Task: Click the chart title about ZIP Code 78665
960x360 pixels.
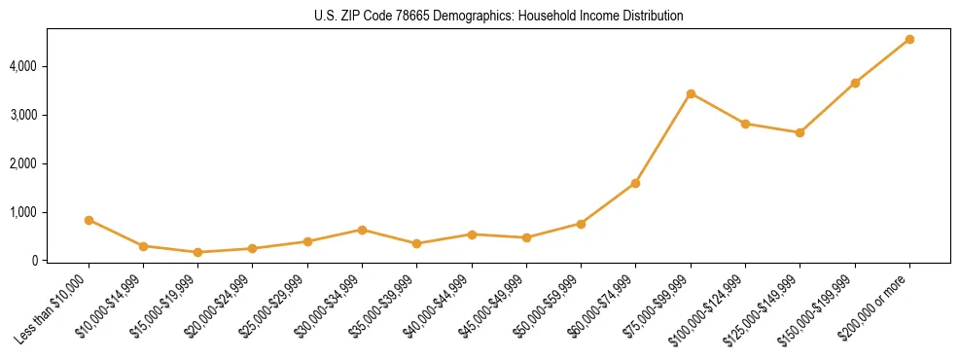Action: tap(498, 17)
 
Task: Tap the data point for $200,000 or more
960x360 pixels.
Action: tap(909, 39)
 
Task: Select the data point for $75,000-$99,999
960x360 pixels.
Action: tap(691, 93)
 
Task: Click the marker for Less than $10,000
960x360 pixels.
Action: tap(89, 220)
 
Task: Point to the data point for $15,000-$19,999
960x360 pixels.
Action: tap(197, 252)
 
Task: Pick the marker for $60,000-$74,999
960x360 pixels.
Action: tap(635, 183)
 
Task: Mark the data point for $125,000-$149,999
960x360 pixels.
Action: tap(800, 132)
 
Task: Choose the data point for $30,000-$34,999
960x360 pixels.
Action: tap(362, 230)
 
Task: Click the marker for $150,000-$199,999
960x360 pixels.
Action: tap(855, 83)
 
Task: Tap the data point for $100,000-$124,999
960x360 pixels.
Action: tap(745, 124)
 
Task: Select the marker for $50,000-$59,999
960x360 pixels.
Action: tap(581, 224)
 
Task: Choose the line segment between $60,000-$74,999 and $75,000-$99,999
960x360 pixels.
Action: tap(663, 138)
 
